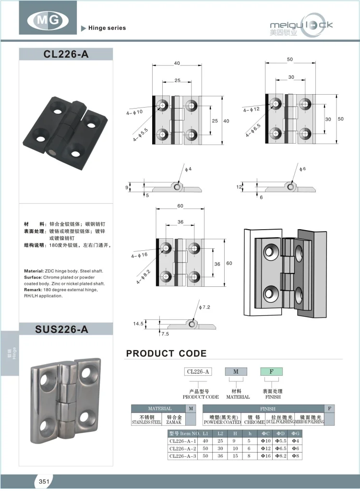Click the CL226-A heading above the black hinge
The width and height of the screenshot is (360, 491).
66,54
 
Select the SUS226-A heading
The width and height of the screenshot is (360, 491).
66,329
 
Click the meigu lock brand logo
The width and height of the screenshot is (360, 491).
301,26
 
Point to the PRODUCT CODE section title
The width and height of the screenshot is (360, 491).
166,354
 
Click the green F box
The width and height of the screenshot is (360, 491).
271,371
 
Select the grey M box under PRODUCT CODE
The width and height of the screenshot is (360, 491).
236,371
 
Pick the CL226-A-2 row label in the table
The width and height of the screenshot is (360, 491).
183,448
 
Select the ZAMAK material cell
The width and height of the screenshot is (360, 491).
173,419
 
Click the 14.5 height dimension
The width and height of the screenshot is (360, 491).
138,324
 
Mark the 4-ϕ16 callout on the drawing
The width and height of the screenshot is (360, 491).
140,256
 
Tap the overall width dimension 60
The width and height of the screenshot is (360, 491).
180,206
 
